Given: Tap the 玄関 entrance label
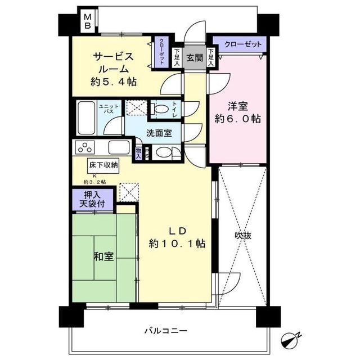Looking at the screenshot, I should pos(195,57).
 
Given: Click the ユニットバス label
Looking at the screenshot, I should pos(108,110).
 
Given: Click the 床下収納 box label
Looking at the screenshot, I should pos(102,165).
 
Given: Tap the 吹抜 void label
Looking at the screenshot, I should pos(242,236).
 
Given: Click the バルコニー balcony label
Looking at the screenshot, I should pos(165,330).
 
